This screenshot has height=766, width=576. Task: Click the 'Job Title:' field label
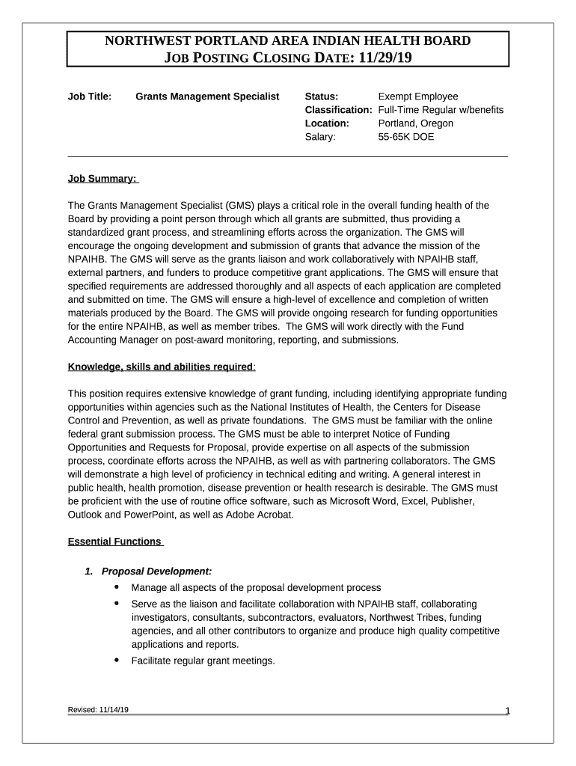[90, 96]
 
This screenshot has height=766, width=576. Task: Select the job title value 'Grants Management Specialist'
[207, 96]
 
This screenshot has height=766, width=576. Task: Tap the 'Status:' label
[322, 96]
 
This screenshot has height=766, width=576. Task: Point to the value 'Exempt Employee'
[418, 96]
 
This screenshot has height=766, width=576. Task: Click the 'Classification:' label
[338, 110]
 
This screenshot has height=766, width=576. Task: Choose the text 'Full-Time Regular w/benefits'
[441, 110]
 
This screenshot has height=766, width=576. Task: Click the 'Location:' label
[327, 123]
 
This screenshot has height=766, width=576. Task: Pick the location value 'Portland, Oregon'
[416, 123]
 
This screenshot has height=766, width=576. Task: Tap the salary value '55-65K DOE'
[406, 137]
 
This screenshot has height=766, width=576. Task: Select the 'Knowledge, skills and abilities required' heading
[160, 367]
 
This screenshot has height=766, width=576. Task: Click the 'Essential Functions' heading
[114, 541]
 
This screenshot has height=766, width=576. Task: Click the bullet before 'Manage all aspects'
[117, 586]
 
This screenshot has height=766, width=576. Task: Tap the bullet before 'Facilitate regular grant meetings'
[117, 660]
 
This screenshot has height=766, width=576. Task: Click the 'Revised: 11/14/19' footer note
[98, 710]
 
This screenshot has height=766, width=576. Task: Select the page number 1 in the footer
[507, 711]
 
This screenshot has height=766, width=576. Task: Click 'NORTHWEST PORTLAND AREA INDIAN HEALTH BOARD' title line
[287, 40]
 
